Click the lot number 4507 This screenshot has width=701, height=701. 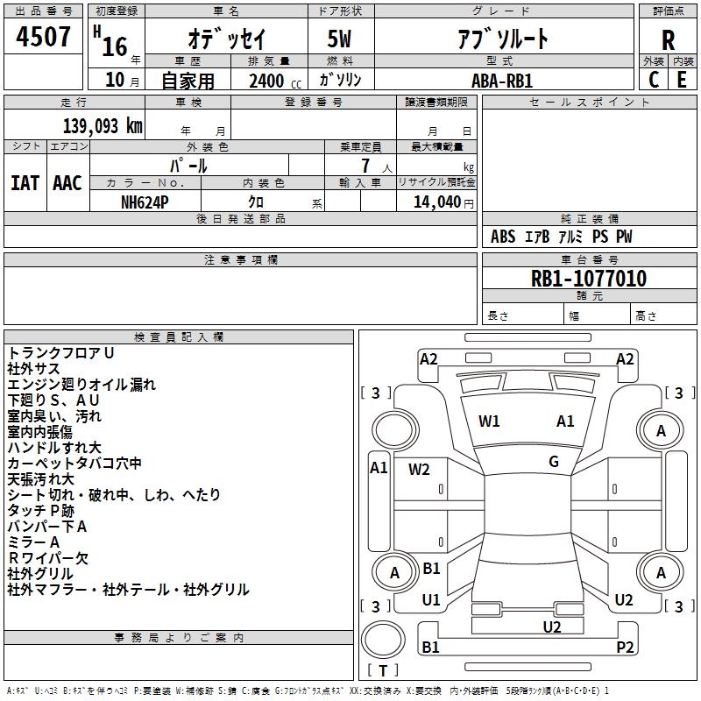(x=43, y=37)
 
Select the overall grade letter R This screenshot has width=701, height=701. (x=668, y=40)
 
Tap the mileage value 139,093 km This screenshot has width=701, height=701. (x=103, y=126)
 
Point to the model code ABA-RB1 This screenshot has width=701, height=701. (x=502, y=81)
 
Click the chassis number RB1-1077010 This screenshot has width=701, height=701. (x=589, y=279)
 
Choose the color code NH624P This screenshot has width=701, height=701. (x=145, y=202)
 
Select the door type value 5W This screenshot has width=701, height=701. (x=339, y=39)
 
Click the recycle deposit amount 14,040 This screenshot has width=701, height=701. (x=437, y=202)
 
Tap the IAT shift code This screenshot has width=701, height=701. (x=25, y=183)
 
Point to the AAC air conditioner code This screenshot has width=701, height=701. (x=67, y=183)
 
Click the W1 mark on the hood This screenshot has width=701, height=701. (x=489, y=421)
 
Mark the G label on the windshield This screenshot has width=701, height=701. (x=554, y=462)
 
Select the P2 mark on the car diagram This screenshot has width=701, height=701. (x=625, y=647)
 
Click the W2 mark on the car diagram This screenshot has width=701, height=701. (x=419, y=470)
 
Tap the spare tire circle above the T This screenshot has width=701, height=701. (x=383, y=640)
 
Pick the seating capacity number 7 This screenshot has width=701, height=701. (x=365, y=166)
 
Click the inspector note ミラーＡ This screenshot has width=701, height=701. (x=33, y=542)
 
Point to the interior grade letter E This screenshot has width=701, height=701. (x=682, y=80)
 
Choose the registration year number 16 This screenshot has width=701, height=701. (x=116, y=46)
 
